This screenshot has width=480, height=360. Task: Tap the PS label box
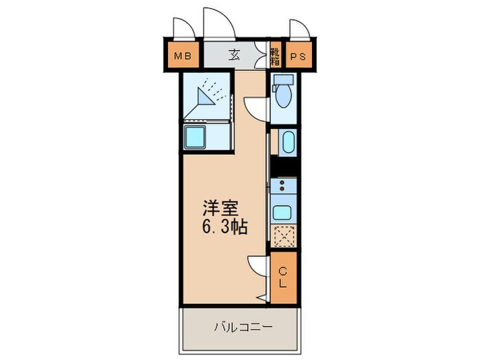click(298, 56)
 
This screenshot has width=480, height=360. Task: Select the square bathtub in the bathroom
click(200, 136)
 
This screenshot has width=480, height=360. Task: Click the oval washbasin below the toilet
click(287, 143)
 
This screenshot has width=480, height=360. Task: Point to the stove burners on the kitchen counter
click(283, 184)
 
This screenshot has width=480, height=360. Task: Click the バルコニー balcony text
click(241, 326)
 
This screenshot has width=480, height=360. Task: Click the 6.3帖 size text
click(224, 227)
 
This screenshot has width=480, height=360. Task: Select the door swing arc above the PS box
click(298, 29)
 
